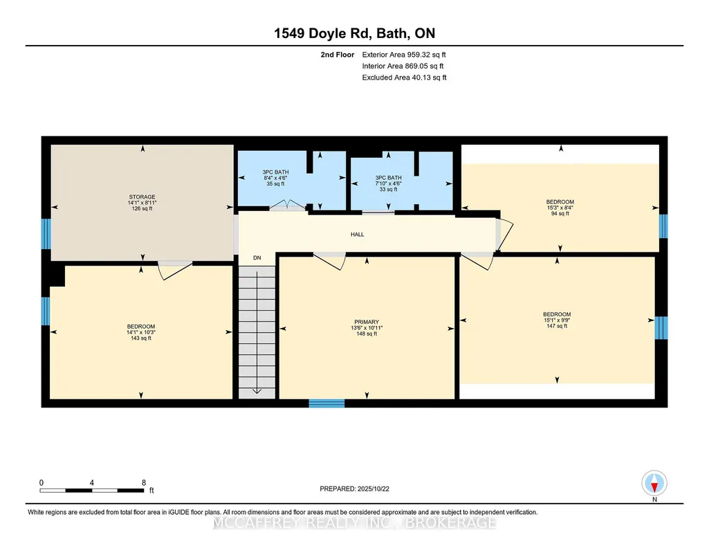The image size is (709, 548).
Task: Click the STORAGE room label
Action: tap(142, 197)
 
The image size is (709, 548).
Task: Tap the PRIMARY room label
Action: tap(367, 322)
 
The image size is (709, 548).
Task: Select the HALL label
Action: tap(357, 234)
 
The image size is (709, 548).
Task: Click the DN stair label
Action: tap(257, 257)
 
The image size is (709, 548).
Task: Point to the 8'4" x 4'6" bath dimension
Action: tap(275, 178)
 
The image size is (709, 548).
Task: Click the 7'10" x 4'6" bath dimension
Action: tap(389, 183)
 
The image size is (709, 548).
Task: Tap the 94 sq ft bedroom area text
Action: tap(560, 214)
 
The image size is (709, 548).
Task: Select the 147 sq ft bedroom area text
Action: tap(557, 326)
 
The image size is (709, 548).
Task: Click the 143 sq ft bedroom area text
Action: tap(141, 338)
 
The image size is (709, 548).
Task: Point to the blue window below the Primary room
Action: tap(326, 403)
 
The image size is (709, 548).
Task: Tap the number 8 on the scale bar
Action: tap(144, 482)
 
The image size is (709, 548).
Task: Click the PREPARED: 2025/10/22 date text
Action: tap(354, 488)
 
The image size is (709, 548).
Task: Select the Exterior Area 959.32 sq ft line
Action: tap(404, 55)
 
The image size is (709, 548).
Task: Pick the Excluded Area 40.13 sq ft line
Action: tap(404, 77)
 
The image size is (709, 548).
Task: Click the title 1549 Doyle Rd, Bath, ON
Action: tap(354, 33)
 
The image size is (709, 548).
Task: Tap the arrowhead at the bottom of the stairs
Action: tap(257, 391)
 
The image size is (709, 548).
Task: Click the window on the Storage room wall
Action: tap(46, 234)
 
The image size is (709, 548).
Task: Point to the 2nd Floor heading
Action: tap(338, 55)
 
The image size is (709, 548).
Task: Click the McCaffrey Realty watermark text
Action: tap(354, 522)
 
